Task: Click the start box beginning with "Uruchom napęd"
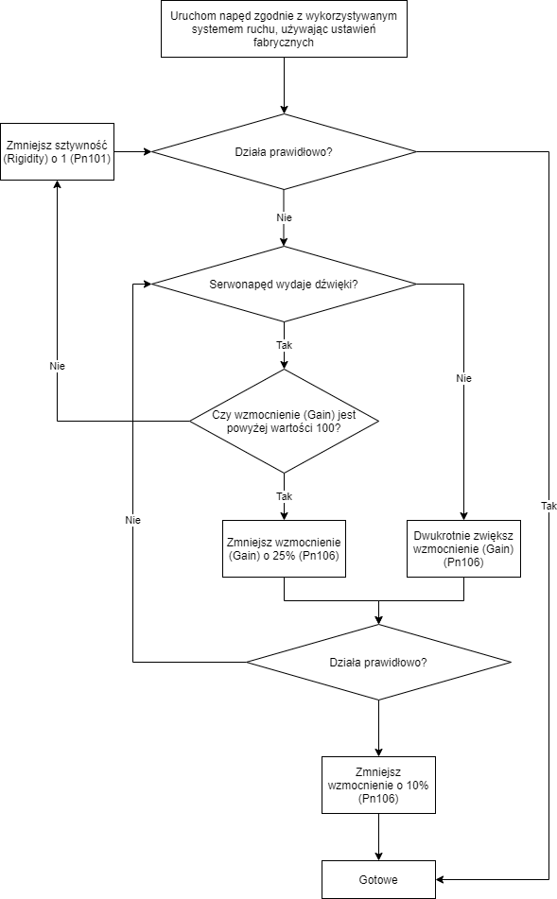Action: pos(284,28)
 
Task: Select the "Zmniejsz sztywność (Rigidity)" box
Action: pos(58,152)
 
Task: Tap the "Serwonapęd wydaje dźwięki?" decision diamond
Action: pos(284,284)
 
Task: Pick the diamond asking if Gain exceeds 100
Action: pos(284,422)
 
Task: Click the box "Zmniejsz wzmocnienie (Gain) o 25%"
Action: pos(284,548)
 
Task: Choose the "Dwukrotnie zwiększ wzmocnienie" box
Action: pos(463,548)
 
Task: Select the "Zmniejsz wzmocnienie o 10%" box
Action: pos(378,785)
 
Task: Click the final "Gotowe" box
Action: pos(378,879)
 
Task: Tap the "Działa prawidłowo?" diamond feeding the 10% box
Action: pos(378,663)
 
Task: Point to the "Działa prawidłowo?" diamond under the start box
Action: pos(284,152)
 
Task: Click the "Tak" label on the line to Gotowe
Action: pos(549,506)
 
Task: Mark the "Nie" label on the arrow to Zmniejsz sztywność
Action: pos(58,366)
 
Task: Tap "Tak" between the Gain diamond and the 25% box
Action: pos(284,496)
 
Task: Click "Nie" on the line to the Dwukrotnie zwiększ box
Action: pos(463,378)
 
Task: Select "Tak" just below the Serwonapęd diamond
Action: pos(284,345)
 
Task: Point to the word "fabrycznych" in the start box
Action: pos(284,42)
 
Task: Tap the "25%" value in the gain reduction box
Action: pos(284,556)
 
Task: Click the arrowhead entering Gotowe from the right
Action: pos(440,879)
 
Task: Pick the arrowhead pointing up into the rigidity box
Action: pos(58,184)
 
